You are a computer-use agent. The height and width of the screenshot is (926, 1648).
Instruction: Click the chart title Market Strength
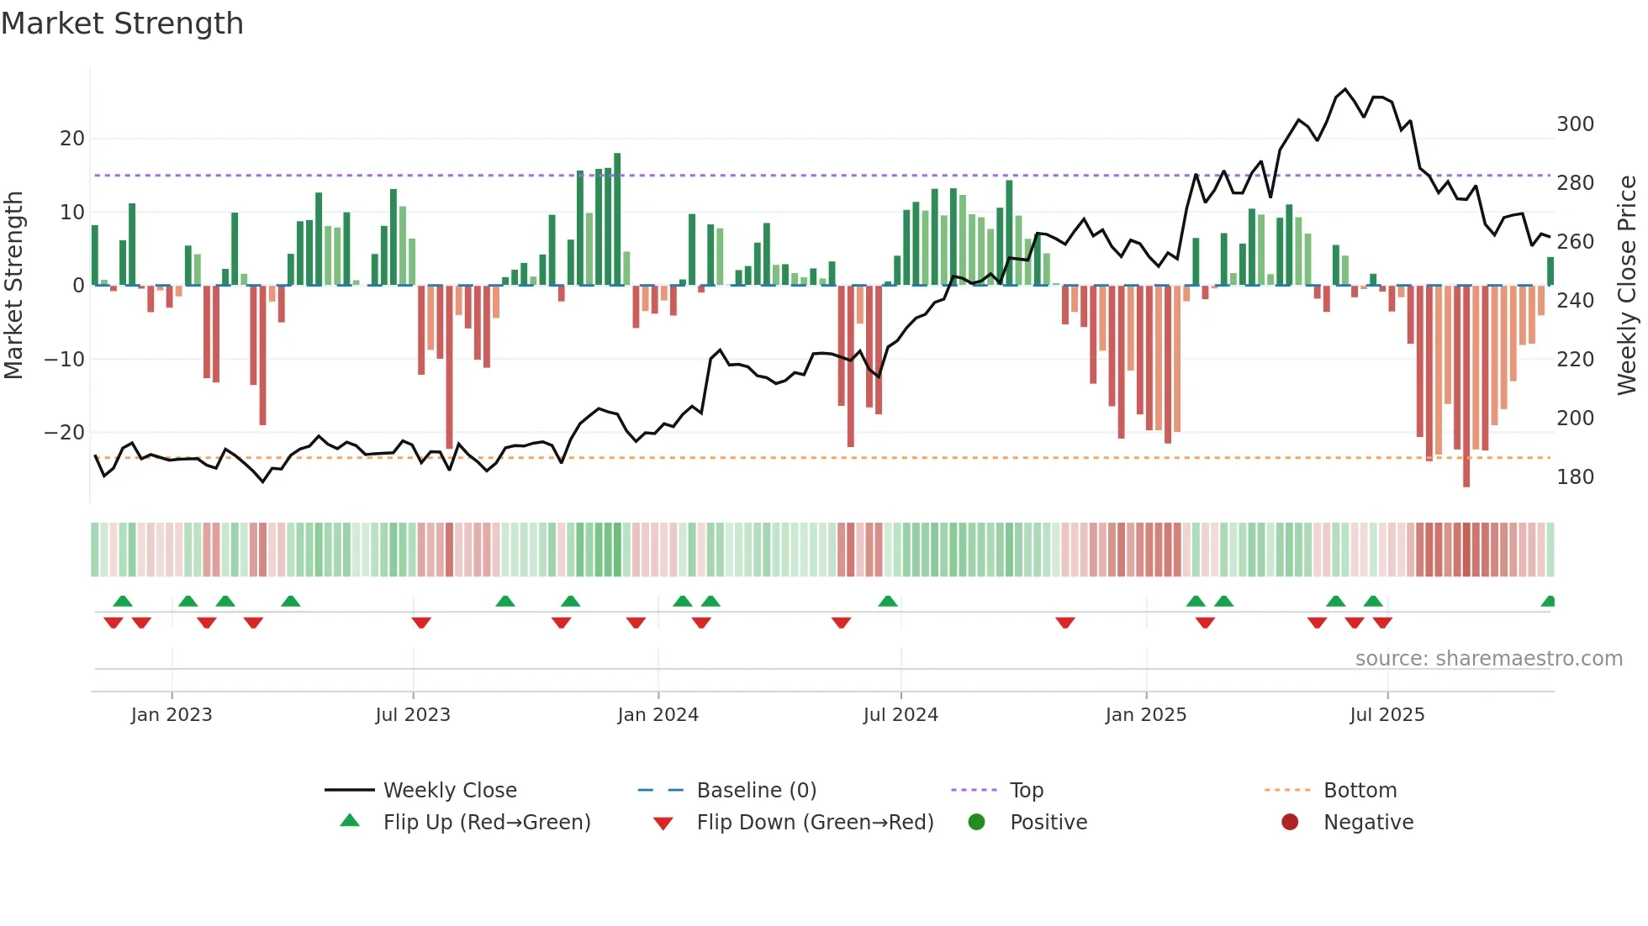click(122, 24)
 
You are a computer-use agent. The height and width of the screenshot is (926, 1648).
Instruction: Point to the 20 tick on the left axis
click(72, 139)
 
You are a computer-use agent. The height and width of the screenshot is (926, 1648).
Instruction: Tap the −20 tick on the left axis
click(65, 433)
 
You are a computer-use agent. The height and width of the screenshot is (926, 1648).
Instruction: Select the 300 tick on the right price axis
click(1575, 124)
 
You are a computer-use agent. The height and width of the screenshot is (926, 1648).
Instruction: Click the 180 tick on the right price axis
click(1575, 477)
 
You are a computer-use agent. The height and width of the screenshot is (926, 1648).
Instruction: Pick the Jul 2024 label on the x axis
click(901, 715)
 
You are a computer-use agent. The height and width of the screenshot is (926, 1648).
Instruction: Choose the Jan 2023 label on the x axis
click(172, 715)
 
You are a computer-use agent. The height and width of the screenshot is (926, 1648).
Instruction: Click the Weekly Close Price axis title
click(1627, 286)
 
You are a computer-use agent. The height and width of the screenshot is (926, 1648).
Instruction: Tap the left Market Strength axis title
click(14, 286)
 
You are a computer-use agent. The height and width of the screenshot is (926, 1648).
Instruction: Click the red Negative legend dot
click(1290, 823)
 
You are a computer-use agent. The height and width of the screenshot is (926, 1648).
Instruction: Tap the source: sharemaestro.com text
click(1488, 659)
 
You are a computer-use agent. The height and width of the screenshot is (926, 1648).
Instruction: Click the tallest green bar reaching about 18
click(617, 218)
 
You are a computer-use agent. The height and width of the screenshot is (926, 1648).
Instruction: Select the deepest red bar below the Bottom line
click(1466, 387)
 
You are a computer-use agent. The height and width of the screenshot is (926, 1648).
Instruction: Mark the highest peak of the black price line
click(1345, 89)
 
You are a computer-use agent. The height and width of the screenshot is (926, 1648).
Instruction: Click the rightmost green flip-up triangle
click(1549, 602)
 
